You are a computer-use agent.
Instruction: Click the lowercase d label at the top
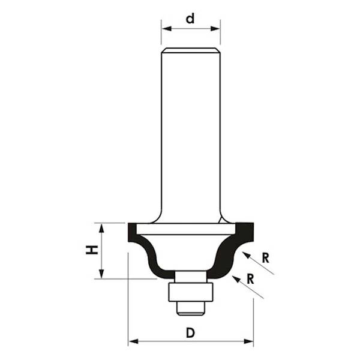(191, 19)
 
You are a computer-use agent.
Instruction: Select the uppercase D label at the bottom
(190, 333)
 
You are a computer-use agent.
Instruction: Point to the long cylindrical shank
(191, 132)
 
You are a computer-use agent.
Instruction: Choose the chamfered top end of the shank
(191, 50)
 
